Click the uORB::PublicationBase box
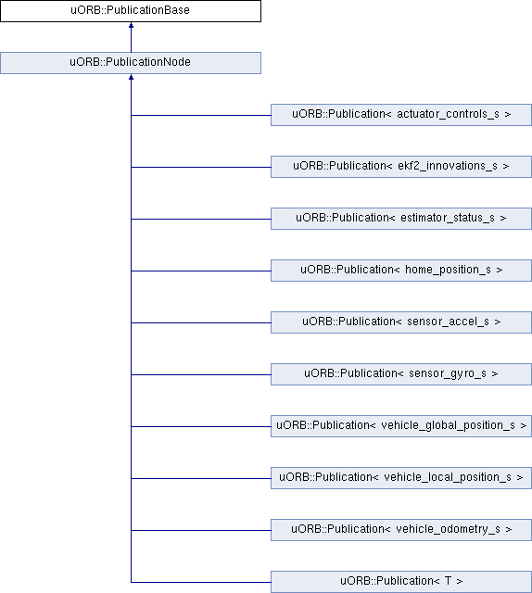pyautogui.click(x=131, y=11)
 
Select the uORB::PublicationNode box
pyautogui.click(x=131, y=63)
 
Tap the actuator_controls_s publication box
pyautogui.click(x=401, y=115)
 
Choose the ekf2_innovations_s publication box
pyautogui.click(x=401, y=167)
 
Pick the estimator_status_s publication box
pyautogui.click(x=401, y=219)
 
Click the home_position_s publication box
pyautogui.click(x=401, y=271)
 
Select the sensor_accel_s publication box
pyautogui.click(x=401, y=322)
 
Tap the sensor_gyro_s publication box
pyautogui.click(x=401, y=374)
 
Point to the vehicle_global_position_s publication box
pyautogui.click(x=401, y=426)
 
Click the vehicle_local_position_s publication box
pyautogui.click(x=401, y=478)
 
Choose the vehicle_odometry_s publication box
pyautogui.click(x=401, y=530)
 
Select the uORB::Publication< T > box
pyautogui.click(x=401, y=582)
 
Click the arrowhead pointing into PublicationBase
pyautogui.click(x=131, y=25)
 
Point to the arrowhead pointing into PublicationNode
pyautogui.click(x=131, y=77)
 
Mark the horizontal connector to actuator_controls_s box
pyautogui.click(x=201, y=115)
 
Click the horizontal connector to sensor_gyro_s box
pyautogui.click(x=201, y=374)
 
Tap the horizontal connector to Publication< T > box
pyautogui.click(x=201, y=583)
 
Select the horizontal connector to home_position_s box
pyautogui.click(x=201, y=271)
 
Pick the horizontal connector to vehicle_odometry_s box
pyautogui.click(x=201, y=530)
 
